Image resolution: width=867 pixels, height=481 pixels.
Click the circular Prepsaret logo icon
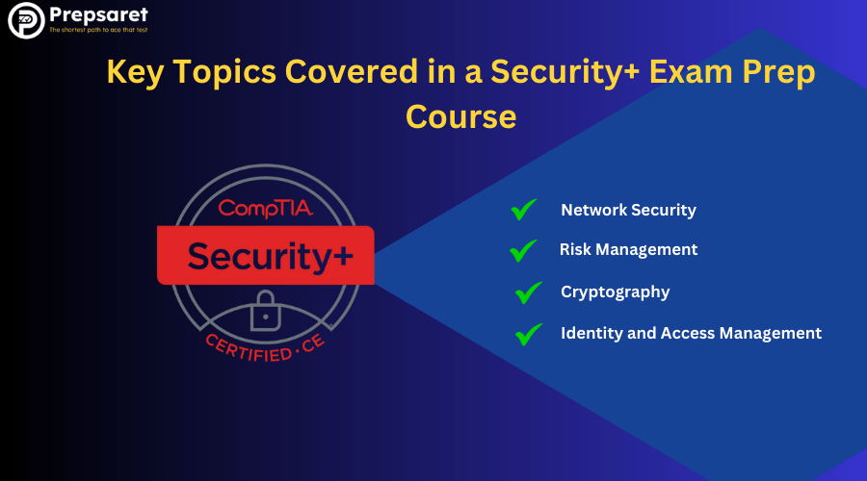[26, 20]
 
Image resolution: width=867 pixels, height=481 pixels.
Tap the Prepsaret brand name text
[98, 14]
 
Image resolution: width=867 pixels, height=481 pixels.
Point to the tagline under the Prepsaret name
[98, 30]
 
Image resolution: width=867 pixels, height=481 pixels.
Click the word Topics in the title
[224, 72]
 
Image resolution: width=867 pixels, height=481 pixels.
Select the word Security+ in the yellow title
[565, 72]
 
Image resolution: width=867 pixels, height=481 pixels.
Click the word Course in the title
[461, 116]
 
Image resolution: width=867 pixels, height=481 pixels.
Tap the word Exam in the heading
[691, 72]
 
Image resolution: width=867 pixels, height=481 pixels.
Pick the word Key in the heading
[135, 72]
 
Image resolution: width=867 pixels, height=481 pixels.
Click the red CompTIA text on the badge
[266, 208]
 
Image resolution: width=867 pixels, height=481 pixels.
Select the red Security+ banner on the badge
[266, 255]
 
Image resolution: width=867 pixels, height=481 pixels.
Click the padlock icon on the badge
[266, 311]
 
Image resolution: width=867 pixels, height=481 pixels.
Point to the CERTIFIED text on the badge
[249, 349]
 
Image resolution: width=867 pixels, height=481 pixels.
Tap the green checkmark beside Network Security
[523, 210]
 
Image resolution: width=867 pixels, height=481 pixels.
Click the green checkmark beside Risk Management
[523, 250]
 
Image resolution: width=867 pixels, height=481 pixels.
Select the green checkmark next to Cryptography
[529, 292]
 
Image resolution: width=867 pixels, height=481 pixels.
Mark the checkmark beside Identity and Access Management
[529, 334]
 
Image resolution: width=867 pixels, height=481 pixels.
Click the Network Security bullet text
[629, 210]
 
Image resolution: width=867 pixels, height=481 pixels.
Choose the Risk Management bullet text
[629, 249]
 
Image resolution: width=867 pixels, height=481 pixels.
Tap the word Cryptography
[616, 291]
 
